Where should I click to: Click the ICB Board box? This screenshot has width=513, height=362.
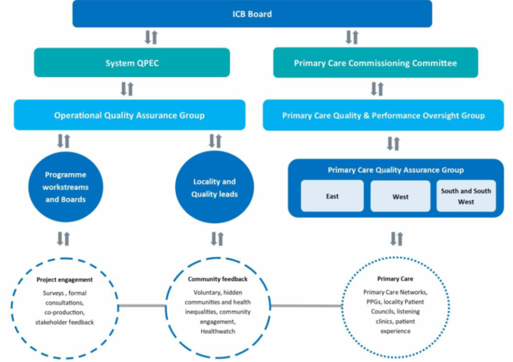[x=252, y=14]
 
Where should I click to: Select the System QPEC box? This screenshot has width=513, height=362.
[x=132, y=63]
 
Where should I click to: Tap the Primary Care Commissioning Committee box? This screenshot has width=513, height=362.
[x=375, y=63]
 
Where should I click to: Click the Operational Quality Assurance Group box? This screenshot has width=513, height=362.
[x=129, y=115]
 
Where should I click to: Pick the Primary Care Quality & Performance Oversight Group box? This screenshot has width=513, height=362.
[x=383, y=115]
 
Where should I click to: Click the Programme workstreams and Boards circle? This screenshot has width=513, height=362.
[x=65, y=187]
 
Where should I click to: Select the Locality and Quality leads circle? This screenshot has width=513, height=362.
[x=214, y=188]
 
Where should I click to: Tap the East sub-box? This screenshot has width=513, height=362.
[x=332, y=197]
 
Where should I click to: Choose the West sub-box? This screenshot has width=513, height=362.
[x=400, y=197]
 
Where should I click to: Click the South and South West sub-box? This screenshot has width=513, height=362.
[x=466, y=196]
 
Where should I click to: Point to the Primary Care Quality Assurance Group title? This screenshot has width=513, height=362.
[x=395, y=170]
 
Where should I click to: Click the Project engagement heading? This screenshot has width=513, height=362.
[x=64, y=279]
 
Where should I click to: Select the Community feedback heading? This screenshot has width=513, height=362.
[x=217, y=279]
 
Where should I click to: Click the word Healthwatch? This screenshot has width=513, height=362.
[x=217, y=331]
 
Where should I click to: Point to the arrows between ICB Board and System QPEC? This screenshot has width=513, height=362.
[x=151, y=37]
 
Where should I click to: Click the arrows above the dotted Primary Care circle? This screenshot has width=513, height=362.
[x=396, y=238]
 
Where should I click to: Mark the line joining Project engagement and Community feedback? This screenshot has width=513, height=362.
[x=142, y=305]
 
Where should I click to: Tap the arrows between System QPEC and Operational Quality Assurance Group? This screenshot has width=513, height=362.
[x=127, y=89]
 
